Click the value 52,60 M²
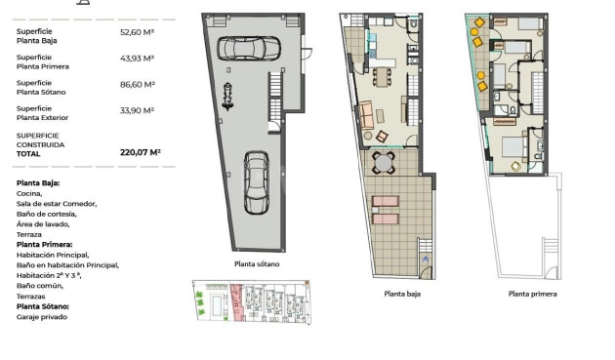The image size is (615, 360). (x=137, y=32)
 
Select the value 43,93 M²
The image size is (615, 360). (x=137, y=59)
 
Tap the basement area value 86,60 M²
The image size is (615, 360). (x=138, y=84)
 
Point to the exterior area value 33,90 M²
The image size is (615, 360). (x=137, y=110)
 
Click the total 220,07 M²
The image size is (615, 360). (x=141, y=152)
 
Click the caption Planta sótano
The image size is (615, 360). (x=257, y=264)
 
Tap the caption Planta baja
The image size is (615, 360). (x=402, y=294)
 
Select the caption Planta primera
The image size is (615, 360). (x=533, y=294)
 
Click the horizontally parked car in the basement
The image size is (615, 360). (x=249, y=48)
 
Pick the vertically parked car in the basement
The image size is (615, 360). (x=257, y=182)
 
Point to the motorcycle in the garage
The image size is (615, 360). (x=227, y=96)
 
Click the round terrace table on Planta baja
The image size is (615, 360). (x=384, y=163)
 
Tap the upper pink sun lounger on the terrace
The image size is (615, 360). (x=386, y=202)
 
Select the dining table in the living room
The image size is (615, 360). (x=382, y=76)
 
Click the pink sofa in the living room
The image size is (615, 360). (x=366, y=114)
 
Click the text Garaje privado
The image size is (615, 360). (x=42, y=317)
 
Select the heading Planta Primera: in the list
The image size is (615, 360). (x=44, y=244)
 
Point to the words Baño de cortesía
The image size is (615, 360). (x=46, y=214)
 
